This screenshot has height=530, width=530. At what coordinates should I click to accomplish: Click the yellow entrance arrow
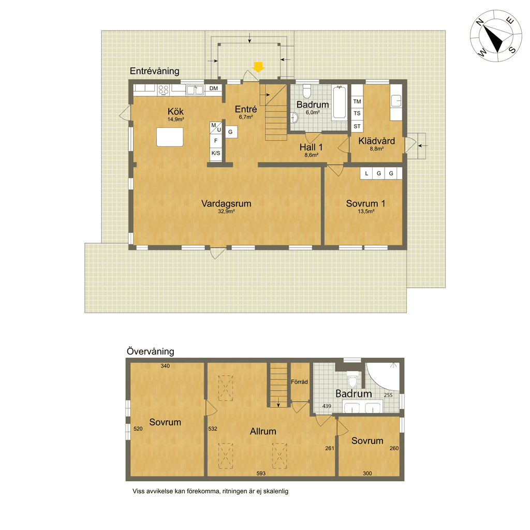click(259, 67)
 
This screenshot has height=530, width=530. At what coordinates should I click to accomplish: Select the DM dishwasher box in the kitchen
click(214, 89)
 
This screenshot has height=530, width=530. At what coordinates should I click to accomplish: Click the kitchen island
click(170, 137)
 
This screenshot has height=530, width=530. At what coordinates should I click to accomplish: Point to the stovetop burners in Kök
click(164, 90)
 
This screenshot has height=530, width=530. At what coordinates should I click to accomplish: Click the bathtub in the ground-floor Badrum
click(340, 102)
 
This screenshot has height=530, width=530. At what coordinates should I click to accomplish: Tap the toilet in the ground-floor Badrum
click(306, 91)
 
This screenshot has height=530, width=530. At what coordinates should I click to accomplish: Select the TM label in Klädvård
click(357, 101)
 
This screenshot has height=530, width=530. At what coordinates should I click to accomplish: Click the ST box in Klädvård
click(357, 126)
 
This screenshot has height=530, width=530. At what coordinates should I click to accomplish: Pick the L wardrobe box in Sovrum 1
click(366, 173)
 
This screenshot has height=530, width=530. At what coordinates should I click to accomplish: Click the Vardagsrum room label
click(226, 203)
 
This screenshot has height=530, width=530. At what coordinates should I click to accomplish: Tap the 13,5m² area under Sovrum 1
click(366, 212)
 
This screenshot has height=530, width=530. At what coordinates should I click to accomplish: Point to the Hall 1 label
click(311, 148)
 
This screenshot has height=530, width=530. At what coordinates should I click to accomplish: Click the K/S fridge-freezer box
click(216, 153)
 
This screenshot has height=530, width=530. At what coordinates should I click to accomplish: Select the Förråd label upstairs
click(299, 382)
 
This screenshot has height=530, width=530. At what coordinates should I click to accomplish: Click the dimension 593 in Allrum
click(261, 474)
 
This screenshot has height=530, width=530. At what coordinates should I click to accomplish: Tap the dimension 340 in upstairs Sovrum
click(165, 366)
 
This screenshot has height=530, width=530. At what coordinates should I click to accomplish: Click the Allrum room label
click(263, 431)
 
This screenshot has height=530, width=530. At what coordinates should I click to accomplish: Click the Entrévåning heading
click(154, 71)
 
